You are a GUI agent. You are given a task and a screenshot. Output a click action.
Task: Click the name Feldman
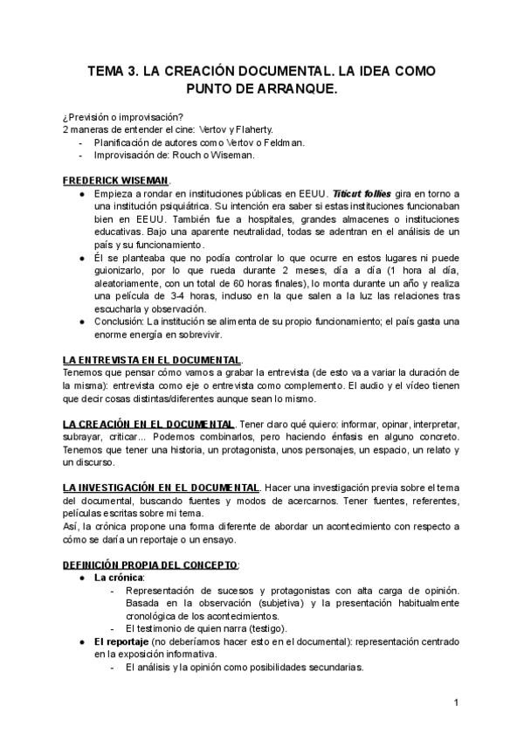tap(281, 142)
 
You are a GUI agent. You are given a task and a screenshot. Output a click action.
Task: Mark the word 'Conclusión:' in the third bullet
tap(120, 322)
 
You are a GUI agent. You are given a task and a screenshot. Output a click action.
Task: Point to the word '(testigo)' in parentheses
tap(263, 629)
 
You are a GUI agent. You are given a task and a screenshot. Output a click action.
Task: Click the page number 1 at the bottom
tap(457, 703)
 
